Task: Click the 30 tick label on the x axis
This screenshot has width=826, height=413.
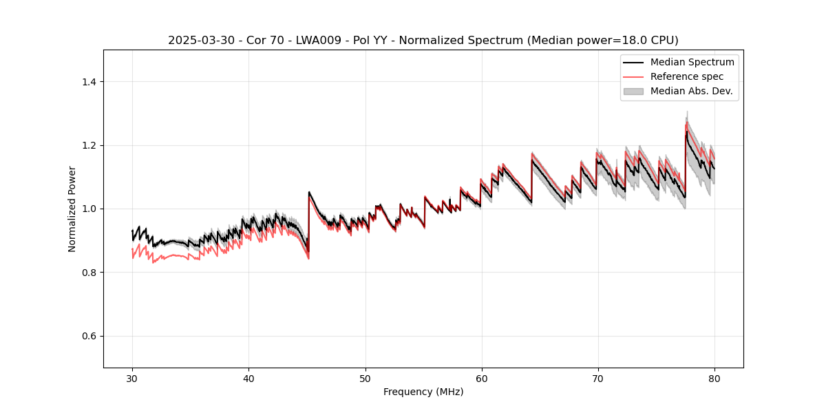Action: (132, 378)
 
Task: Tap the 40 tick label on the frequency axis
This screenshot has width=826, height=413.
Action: (248, 378)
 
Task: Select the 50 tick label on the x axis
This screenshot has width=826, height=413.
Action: (365, 378)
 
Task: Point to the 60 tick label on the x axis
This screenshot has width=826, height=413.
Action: (481, 378)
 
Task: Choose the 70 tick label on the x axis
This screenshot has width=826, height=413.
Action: (597, 378)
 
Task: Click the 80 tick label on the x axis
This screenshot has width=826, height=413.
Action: (714, 378)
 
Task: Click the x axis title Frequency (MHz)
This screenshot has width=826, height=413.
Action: (423, 392)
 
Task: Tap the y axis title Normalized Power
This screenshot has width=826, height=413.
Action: (72, 209)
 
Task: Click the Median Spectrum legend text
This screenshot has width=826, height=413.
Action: (692, 62)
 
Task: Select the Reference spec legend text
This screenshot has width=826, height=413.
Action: (687, 76)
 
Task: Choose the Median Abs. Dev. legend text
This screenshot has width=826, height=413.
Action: (691, 91)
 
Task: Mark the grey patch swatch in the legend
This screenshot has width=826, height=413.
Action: (633, 91)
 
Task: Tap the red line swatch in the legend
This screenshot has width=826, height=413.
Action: (633, 76)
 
